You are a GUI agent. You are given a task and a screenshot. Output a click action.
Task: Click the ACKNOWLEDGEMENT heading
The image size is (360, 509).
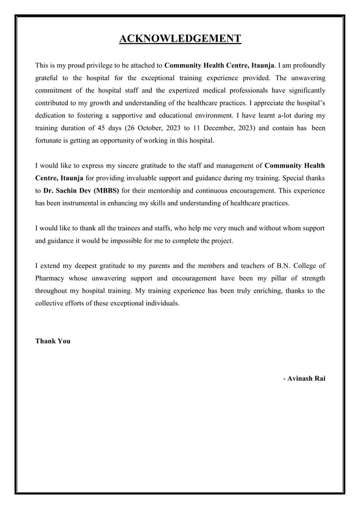pos(180,38)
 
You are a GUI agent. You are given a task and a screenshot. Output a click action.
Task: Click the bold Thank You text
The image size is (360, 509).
pos(52,341)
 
